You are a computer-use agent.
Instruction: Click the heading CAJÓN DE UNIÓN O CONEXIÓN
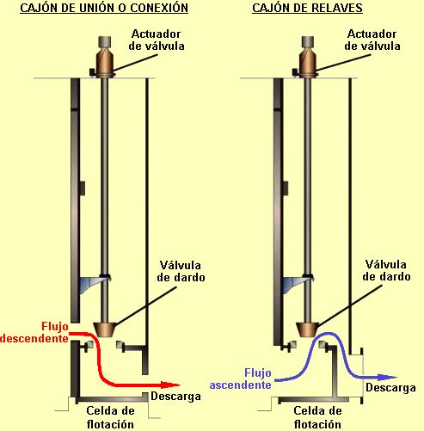(104, 8)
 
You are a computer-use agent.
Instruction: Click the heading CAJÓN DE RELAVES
(307, 8)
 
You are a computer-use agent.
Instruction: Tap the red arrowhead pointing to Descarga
(170, 385)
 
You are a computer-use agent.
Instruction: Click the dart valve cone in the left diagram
(105, 329)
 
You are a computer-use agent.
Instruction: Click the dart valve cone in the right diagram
(308, 329)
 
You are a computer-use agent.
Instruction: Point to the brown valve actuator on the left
(105, 61)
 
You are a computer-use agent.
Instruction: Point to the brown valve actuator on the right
(308, 61)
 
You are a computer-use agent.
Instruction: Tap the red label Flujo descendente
(34, 332)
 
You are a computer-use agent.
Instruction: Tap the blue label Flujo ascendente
(241, 379)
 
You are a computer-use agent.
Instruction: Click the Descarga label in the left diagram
(175, 397)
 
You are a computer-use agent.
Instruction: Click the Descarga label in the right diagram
(390, 388)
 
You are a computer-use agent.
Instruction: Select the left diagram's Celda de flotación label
(110, 417)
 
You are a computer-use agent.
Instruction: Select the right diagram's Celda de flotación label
(317, 417)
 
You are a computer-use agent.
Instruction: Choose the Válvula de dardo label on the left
(181, 271)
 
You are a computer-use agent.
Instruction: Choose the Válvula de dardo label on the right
(386, 270)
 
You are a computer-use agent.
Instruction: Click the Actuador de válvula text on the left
(157, 40)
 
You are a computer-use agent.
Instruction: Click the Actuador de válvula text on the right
(372, 40)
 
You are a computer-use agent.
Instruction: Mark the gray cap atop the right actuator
(308, 42)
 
